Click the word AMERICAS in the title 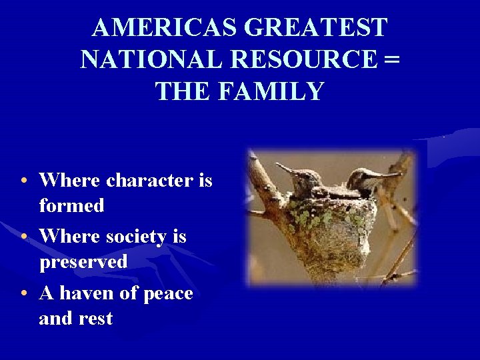[165, 28]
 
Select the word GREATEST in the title [317, 28]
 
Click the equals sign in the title [393, 59]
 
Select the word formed [72, 206]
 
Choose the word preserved [83, 262]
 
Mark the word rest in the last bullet [95, 319]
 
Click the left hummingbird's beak [285, 167]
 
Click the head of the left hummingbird [303, 174]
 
